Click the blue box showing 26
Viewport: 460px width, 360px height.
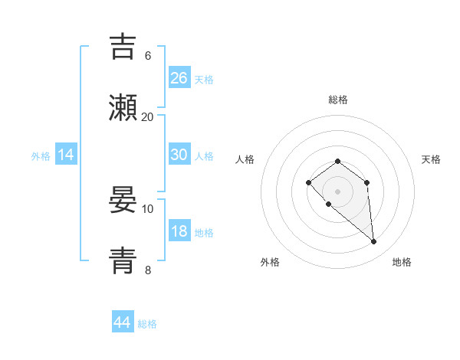179,77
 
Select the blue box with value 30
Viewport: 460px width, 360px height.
179,155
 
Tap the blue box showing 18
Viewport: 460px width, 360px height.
179,232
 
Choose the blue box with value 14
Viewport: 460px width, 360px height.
66,155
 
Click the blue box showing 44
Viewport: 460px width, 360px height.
123,322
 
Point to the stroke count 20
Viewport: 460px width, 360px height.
148,116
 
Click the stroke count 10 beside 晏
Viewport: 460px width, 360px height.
148,208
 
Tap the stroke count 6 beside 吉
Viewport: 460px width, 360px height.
148,55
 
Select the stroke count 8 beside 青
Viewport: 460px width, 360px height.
148,270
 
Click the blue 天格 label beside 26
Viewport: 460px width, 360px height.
204,79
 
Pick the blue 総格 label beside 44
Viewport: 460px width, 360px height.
147,324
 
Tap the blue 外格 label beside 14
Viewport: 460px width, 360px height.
41,156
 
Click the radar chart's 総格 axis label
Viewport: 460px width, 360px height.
338,100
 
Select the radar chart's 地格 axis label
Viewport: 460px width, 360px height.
402,262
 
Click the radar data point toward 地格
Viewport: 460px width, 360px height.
374,242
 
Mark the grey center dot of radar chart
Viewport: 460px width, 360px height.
337,191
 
